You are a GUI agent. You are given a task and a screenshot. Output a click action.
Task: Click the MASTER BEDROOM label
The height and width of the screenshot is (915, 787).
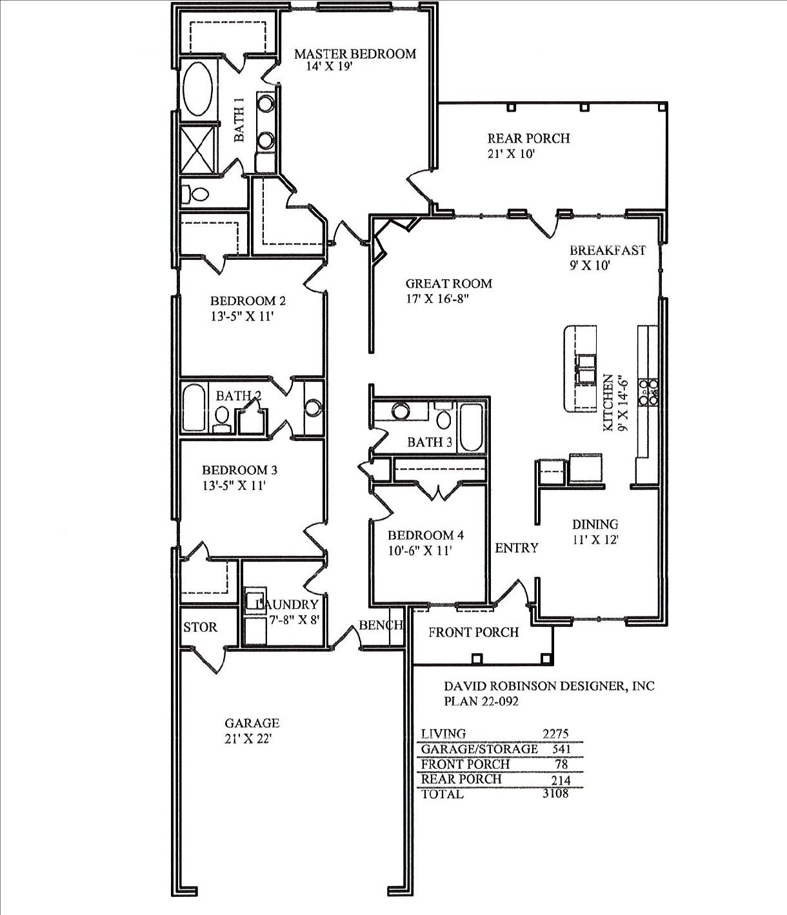pyautogui.click(x=355, y=54)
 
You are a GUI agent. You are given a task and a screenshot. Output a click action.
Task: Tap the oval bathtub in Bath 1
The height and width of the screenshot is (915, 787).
pyautogui.click(x=197, y=88)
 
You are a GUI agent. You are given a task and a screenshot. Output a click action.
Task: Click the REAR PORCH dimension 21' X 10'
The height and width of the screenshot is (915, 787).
pyautogui.click(x=512, y=154)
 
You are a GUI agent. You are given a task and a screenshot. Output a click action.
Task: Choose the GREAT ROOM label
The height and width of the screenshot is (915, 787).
pyautogui.click(x=448, y=283)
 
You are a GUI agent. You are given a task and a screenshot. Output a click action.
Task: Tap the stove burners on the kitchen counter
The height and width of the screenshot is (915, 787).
pyautogui.click(x=648, y=392)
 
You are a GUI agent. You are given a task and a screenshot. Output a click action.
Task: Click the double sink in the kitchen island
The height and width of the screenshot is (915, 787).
pyautogui.click(x=586, y=368)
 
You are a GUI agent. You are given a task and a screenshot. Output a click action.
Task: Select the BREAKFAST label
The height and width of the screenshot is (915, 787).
pyautogui.click(x=608, y=251)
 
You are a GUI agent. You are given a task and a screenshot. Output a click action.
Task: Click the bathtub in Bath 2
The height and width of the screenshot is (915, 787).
pyautogui.click(x=193, y=408)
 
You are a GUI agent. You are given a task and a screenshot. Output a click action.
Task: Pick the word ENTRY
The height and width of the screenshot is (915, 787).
pyautogui.click(x=517, y=548)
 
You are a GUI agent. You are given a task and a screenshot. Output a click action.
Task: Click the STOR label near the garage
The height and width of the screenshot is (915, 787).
pyautogui.click(x=200, y=627)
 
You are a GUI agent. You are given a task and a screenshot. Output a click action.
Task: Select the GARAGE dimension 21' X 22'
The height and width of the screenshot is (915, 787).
pyautogui.click(x=248, y=739)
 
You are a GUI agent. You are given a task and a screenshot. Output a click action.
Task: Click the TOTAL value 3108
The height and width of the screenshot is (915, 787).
pyautogui.click(x=556, y=793)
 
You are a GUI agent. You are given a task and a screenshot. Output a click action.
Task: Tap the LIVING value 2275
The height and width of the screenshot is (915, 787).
pyautogui.click(x=555, y=734)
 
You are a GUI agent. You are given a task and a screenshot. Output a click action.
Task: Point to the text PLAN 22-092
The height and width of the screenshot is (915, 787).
pyautogui.click(x=481, y=701)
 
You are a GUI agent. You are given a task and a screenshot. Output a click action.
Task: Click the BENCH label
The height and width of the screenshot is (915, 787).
pyautogui.click(x=381, y=625)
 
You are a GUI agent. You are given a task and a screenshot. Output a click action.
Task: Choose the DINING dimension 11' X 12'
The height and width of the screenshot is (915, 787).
pyautogui.click(x=595, y=540)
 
